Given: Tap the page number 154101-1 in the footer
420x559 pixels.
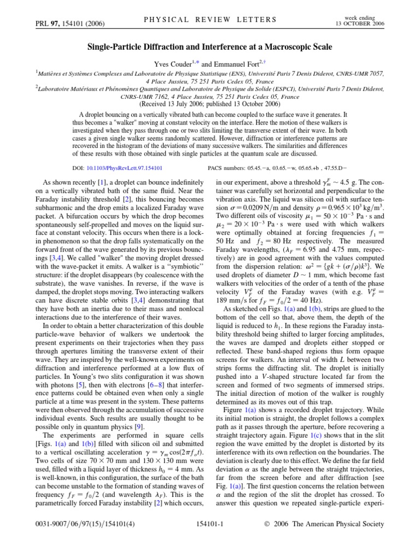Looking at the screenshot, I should point(209,539).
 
